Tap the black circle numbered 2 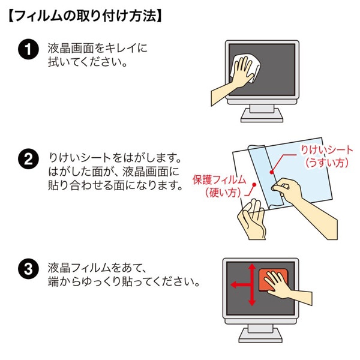(x=27, y=160)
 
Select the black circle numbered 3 (x=27, y=268)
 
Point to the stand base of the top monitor (x=260, y=116)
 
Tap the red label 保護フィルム (x=219, y=179)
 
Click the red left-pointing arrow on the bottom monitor (x=240, y=286)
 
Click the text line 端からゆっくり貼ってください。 (x=123, y=280)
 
